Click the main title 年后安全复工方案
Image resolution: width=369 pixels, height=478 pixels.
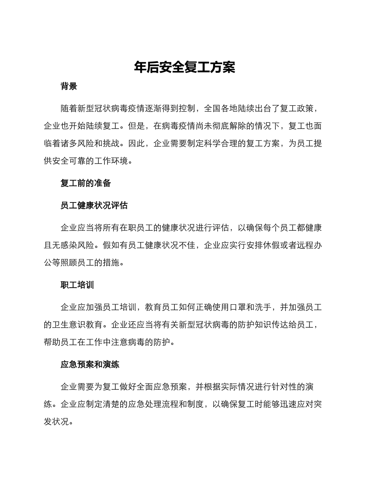184,67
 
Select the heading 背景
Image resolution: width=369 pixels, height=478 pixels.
69,86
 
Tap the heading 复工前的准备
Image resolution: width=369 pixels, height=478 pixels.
86,183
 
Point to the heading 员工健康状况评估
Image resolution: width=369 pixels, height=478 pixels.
94,205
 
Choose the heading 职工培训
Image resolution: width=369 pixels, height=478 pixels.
77,285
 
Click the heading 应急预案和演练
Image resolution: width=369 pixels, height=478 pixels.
90,365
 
